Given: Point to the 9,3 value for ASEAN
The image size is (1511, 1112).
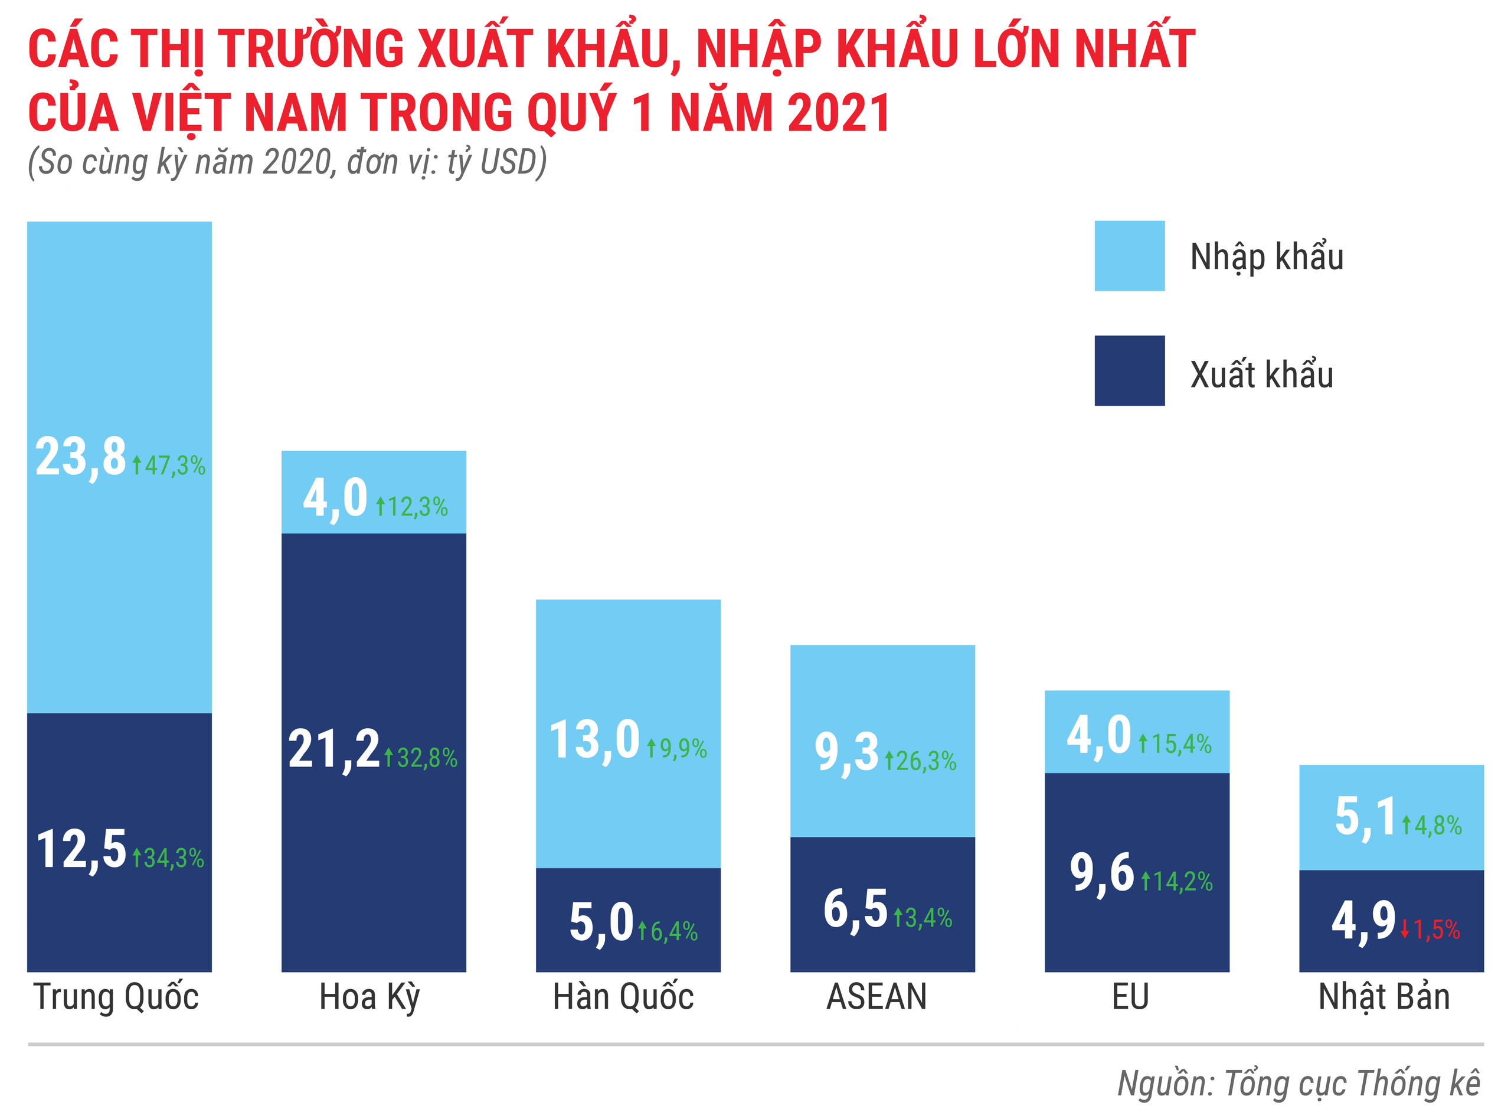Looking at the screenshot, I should [x=846, y=752].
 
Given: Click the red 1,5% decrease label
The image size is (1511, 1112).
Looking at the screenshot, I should [x=1430, y=930].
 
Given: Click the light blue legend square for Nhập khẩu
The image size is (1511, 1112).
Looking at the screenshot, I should [x=1129, y=256].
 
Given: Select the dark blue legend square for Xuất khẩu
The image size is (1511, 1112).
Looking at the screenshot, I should [x=1129, y=370].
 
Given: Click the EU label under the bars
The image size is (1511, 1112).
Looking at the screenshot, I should [x=1130, y=997].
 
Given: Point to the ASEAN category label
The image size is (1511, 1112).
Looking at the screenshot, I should [x=876, y=997].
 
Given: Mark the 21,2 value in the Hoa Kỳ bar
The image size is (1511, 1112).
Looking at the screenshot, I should [x=333, y=749].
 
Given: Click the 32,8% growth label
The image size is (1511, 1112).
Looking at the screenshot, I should [x=421, y=759].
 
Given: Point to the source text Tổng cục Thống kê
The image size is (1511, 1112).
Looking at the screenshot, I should [x=1352, y=1084].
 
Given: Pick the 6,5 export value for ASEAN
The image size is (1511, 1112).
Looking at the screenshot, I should [x=855, y=909].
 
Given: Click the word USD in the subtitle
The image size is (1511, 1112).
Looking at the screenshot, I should [x=508, y=162].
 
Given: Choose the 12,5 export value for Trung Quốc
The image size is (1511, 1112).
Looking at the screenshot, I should [x=81, y=849].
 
